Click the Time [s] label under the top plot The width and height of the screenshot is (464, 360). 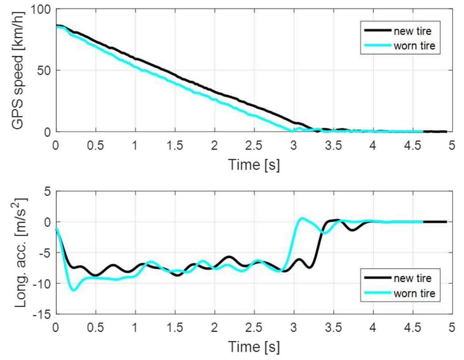coord(254,165)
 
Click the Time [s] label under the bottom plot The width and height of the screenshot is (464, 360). coord(254,347)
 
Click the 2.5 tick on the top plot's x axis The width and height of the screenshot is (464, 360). coord(254,145)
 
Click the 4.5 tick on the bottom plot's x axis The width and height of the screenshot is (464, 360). coord(412,327)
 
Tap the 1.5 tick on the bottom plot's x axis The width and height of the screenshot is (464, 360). coord(174,327)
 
